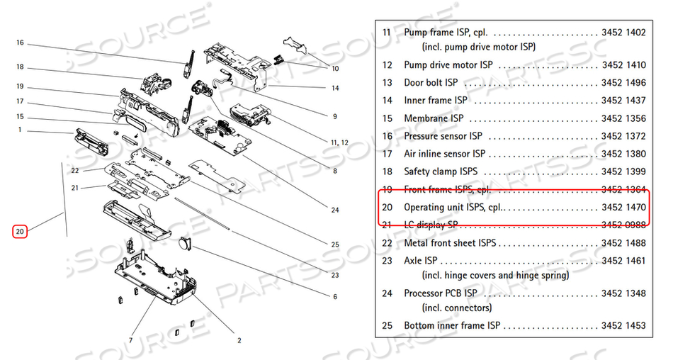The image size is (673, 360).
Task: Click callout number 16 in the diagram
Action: [20, 43]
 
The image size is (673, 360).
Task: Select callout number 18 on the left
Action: [20, 67]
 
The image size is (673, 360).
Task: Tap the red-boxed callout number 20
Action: [20, 231]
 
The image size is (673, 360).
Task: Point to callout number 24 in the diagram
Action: [335, 209]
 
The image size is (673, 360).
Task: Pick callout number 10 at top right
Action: [335, 69]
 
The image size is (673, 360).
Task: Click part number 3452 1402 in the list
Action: [623, 33]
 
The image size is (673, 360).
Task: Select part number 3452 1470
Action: [623, 208]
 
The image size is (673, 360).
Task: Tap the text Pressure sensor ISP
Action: [443, 135]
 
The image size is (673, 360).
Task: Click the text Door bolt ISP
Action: [431, 83]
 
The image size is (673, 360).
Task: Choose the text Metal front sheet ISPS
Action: [450, 243]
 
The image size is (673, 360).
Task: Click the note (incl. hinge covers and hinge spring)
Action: [495, 275]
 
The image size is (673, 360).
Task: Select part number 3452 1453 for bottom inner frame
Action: [623, 325]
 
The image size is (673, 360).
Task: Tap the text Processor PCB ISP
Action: [439, 293]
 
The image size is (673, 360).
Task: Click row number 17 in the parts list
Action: [387, 153]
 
